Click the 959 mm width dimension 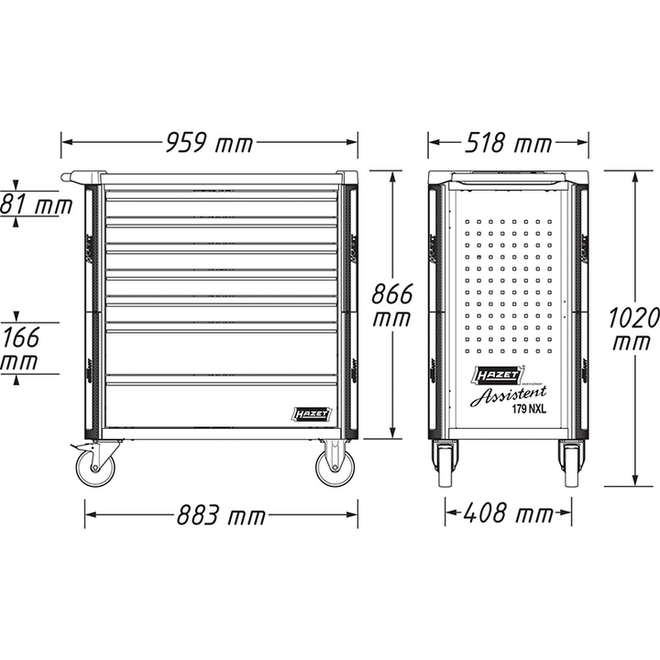click(x=209, y=143)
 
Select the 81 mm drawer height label click(x=35, y=204)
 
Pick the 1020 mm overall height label click(x=633, y=330)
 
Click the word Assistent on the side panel click(x=504, y=396)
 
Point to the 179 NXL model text click(x=530, y=412)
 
